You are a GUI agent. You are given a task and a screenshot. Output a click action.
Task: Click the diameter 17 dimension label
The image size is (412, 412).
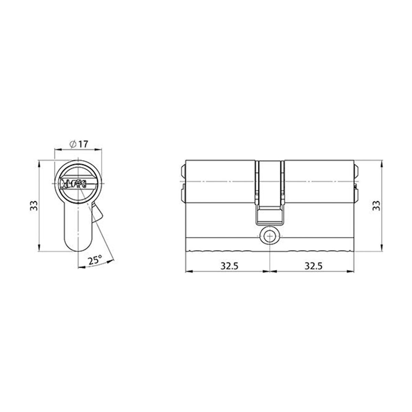[79, 145]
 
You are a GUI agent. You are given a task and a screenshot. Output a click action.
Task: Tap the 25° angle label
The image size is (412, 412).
[95, 260]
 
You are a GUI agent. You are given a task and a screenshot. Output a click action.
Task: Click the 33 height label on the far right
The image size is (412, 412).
[376, 205]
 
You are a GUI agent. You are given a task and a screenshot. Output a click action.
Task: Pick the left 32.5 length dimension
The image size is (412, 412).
[229, 266]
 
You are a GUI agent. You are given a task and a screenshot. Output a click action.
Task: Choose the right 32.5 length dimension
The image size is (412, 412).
[313, 266]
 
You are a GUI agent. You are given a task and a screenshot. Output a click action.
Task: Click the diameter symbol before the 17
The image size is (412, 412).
[73, 145]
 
